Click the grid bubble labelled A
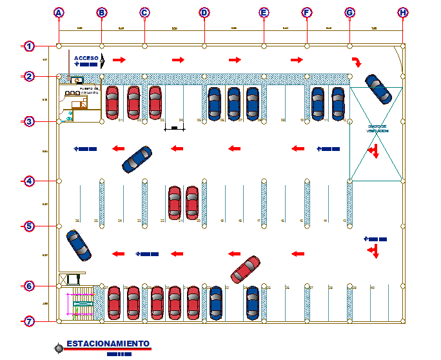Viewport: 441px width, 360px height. click(x=59, y=12)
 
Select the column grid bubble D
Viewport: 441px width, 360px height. click(x=204, y=12)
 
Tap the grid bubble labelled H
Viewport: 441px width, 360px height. click(x=403, y=12)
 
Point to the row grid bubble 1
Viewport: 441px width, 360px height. click(x=29, y=46)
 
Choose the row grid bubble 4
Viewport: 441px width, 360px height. click(x=29, y=181)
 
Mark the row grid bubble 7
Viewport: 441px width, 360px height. click(x=29, y=321)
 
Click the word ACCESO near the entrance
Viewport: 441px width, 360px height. click(x=86, y=57)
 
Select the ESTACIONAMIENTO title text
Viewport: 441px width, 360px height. click(x=108, y=343)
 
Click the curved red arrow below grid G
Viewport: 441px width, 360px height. click(x=356, y=61)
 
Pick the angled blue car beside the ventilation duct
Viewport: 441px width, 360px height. click(x=378, y=89)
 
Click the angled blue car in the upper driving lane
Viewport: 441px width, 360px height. click(x=137, y=159)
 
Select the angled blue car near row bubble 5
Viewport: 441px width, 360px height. click(x=79, y=245)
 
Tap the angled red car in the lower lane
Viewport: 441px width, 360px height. click(x=245, y=270)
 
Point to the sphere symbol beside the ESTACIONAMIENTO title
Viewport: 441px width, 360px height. click(x=59, y=348)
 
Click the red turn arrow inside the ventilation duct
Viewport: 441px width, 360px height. click(x=373, y=152)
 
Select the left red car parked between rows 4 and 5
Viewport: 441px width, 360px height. click(x=174, y=203)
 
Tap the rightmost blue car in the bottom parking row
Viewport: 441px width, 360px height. click(x=253, y=302)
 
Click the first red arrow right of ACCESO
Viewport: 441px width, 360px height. click(x=118, y=60)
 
